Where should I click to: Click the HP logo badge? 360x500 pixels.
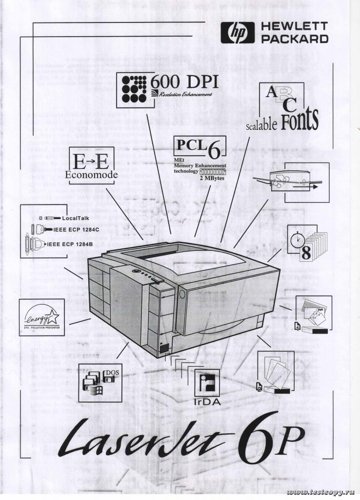pos(238,33)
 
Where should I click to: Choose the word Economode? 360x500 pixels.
pos(92,175)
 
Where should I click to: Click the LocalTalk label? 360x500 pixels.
pos(75,218)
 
